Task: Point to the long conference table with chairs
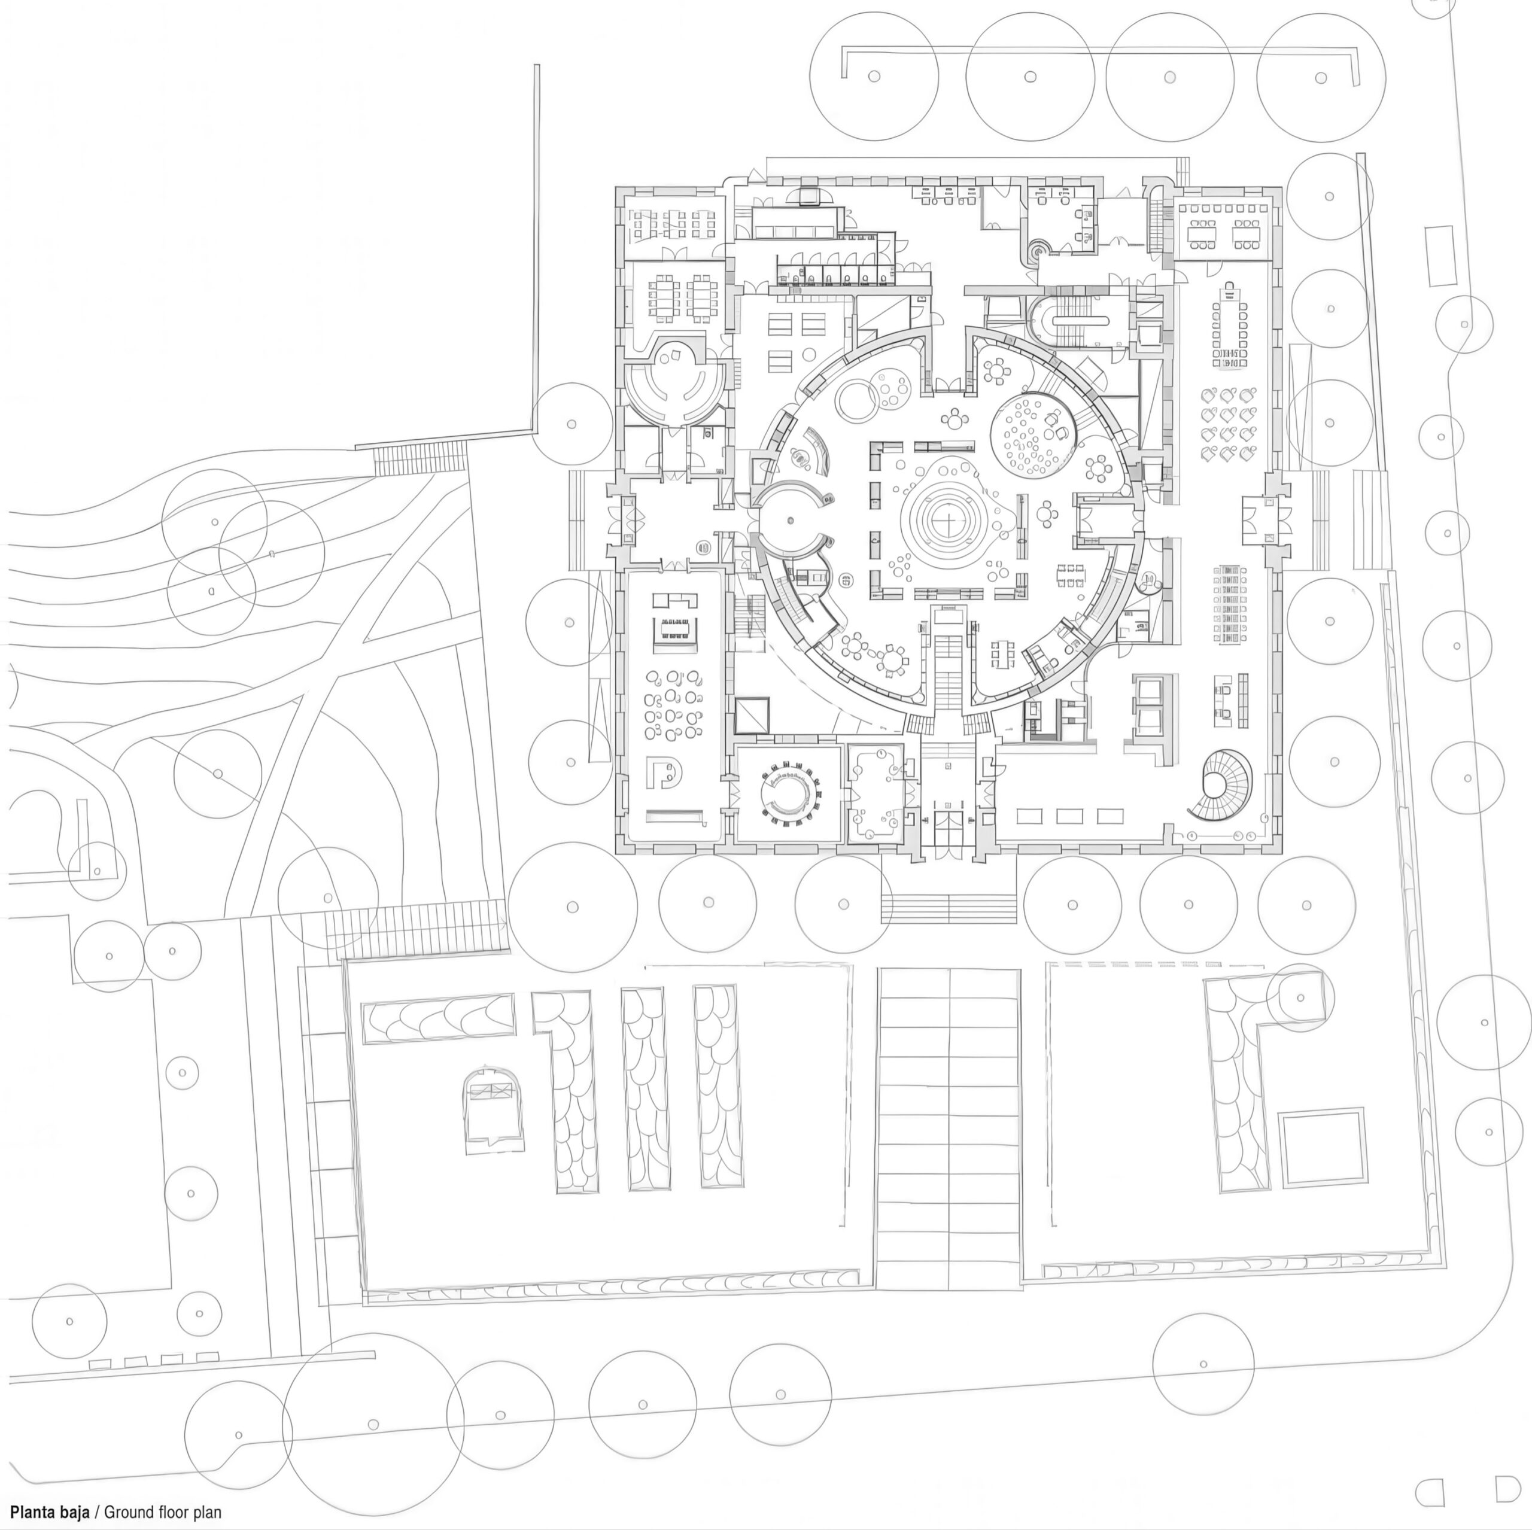pos(1229,324)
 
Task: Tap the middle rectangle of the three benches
pos(1069,816)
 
